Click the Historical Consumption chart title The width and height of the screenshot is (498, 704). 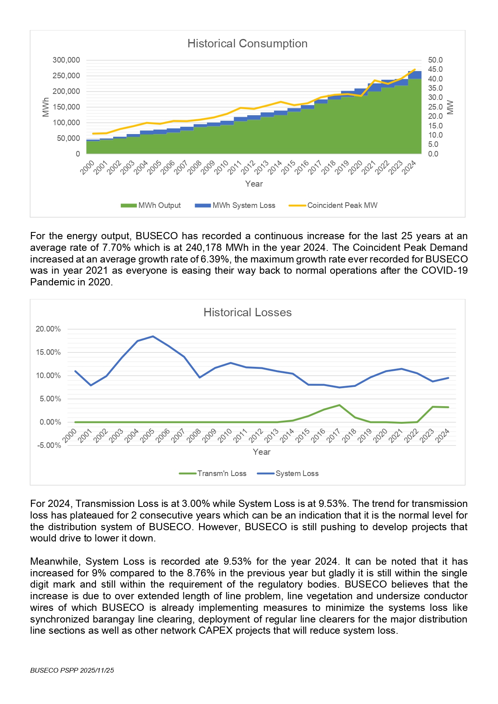click(x=247, y=43)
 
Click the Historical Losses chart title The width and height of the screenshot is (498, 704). click(x=247, y=312)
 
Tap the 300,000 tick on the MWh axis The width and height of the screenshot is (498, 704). click(x=66, y=60)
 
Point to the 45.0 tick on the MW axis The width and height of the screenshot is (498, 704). click(x=435, y=69)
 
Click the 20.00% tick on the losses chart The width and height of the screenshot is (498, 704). click(x=48, y=329)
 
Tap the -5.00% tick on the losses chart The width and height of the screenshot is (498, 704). click(x=49, y=446)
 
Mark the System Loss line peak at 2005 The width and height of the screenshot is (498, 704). click(x=153, y=336)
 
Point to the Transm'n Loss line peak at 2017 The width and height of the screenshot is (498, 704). click(x=339, y=405)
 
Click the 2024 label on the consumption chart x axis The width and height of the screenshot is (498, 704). click(x=409, y=167)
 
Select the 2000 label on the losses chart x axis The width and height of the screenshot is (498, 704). click(x=70, y=435)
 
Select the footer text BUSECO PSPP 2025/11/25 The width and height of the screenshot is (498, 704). click(x=72, y=670)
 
